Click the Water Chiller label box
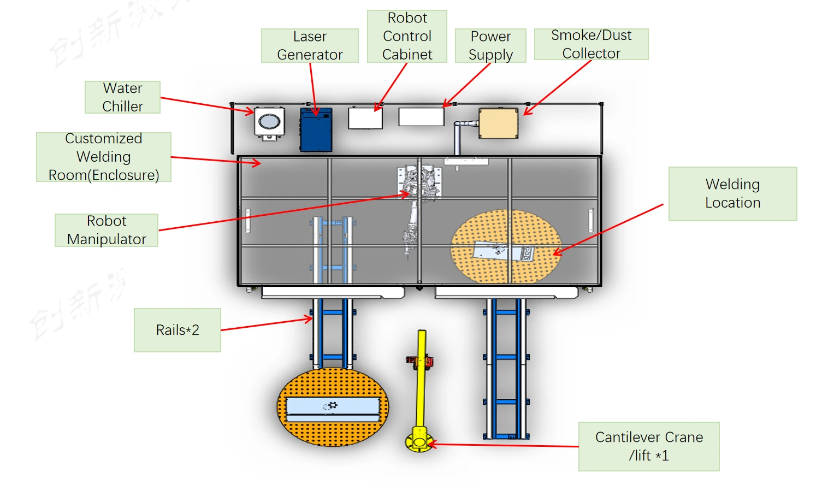click(122, 97)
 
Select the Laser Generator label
click(310, 45)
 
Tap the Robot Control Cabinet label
click(407, 36)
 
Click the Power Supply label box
click(490, 45)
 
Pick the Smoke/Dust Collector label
click(591, 44)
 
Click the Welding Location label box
click(732, 193)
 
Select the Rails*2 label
click(178, 330)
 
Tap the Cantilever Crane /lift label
click(649, 446)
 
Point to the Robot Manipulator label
click(107, 230)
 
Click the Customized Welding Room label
click(104, 157)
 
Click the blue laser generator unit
click(316, 129)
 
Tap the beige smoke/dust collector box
click(498, 123)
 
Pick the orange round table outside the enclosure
click(333, 407)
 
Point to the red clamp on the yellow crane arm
click(419, 361)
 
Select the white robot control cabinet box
click(365, 118)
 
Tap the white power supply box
click(421, 117)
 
